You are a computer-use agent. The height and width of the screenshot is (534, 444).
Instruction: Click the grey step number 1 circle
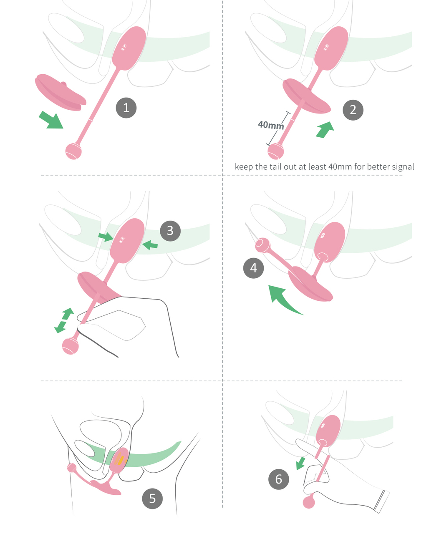(x=126, y=108)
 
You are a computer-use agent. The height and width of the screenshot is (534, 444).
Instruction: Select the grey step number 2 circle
(x=353, y=110)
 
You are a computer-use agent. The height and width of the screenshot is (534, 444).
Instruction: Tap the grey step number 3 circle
(x=170, y=231)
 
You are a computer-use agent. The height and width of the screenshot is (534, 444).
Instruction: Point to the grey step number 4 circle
(x=253, y=268)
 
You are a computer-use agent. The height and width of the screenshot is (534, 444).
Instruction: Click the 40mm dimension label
(x=271, y=125)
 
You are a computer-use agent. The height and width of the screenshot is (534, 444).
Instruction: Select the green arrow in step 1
(x=51, y=120)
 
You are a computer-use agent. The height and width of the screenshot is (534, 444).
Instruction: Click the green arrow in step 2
(x=325, y=130)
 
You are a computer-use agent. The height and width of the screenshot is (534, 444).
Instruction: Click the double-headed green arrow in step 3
(x=64, y=320)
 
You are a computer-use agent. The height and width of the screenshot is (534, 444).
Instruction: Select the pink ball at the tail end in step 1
(x=73, y=151)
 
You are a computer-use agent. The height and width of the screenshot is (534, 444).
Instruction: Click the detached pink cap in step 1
(x=61, y=92)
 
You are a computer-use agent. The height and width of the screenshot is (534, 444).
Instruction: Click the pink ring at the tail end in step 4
(x=262, y=245)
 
